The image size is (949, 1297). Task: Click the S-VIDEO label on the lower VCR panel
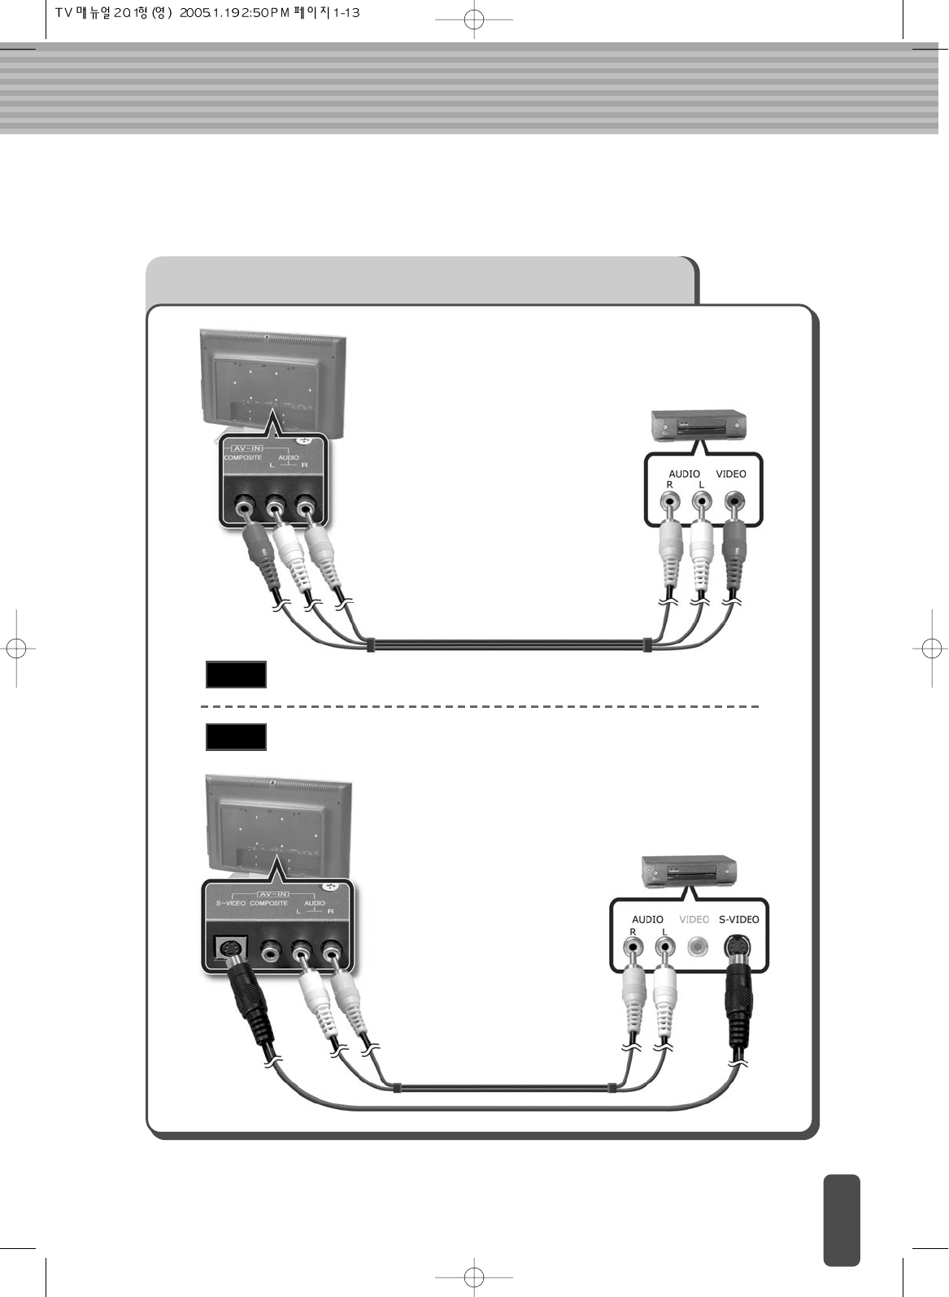coord(738,919)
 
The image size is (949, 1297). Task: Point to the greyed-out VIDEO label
coord(694,919)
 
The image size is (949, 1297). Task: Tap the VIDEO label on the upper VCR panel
coord(730,474)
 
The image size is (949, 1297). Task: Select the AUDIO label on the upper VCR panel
coord(684,474)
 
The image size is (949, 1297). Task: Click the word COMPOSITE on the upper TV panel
coord(243,458)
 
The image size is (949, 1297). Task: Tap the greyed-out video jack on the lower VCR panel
coord(695,947)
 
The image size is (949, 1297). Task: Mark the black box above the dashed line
coord(236,675)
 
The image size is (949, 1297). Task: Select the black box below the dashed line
coord(236,736)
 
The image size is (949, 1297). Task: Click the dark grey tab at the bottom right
coord(841,1220)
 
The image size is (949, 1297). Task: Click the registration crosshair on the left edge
coord(17,648)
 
